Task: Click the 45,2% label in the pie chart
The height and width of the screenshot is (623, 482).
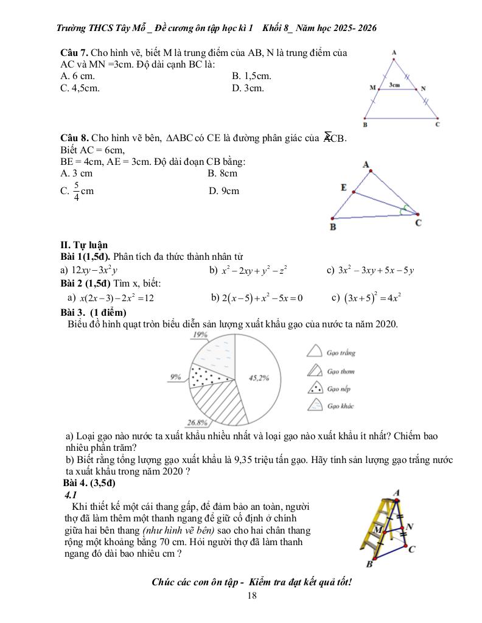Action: pos(259,378)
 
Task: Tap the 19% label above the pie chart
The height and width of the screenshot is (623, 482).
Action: pos(200,335)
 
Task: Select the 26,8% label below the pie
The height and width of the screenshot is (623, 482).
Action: pos(198,422)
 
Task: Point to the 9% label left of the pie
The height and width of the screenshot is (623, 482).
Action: pos(176,377)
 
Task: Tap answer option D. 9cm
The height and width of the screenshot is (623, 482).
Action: pos(223,191)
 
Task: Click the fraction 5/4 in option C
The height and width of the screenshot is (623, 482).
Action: pos(76,191)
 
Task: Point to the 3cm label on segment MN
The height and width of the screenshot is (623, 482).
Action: pos(395,85)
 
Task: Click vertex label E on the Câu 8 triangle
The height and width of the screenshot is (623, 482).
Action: pos(344,188)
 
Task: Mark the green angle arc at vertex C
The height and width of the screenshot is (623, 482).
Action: pos(405,209)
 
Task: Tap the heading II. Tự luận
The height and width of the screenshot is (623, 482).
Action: pos(84,245)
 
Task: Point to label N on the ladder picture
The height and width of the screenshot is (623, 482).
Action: pos(410,526)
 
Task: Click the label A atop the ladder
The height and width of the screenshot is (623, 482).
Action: pos(396,492)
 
